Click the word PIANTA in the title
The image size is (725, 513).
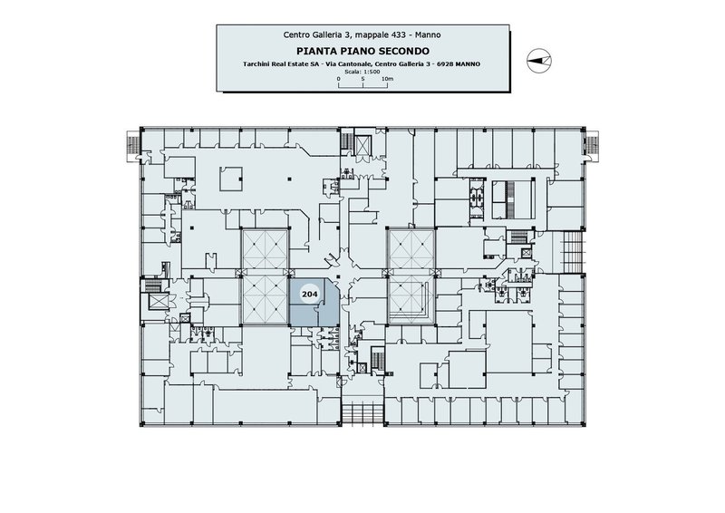312,51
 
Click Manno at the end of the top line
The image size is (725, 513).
428,34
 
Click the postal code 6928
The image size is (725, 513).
445,64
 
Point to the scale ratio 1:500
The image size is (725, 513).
372,72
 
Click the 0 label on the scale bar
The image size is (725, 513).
338,79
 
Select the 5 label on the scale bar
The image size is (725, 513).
363,79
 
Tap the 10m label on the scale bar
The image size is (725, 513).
388,79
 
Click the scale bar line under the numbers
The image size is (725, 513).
363,86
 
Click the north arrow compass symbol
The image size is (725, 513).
539,60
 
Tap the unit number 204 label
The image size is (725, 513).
309,294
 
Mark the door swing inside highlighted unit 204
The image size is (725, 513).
319,305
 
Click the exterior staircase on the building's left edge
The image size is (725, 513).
132,146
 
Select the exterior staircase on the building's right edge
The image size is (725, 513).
592,146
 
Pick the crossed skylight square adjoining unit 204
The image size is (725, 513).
265,301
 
